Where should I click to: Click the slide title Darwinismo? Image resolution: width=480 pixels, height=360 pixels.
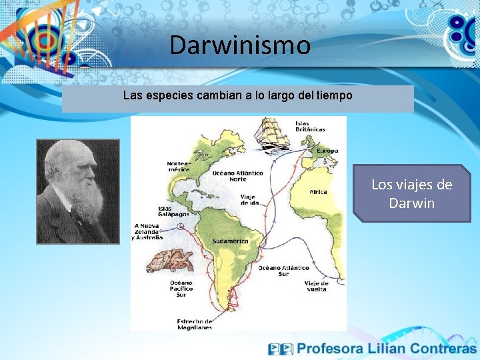coord(240,45)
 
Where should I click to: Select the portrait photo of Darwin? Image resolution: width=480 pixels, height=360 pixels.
coord(77,191)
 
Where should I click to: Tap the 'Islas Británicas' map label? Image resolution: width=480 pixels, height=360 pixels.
coord(311,126)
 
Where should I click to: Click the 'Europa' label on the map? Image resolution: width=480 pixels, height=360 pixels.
coord(327,151)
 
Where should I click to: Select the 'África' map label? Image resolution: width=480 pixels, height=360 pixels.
coord(318,192)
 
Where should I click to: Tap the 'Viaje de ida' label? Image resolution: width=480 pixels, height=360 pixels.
coord(249,199)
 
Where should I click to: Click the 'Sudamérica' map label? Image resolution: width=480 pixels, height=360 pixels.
coord(230,241)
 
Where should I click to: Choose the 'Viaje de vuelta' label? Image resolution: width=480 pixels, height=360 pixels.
coord(315,286)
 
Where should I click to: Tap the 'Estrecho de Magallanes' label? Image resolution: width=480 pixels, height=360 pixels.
coord(195,324)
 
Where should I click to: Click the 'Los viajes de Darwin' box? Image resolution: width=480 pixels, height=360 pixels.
coord(411,193)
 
